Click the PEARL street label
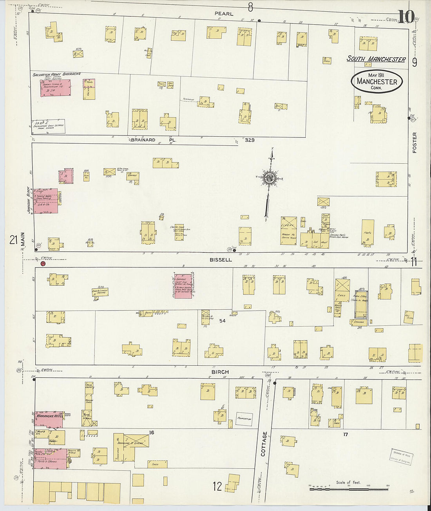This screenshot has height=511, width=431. [x=224, y=14]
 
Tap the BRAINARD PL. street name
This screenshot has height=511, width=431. [x=154, y=140]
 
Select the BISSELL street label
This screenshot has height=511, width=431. [x=221, y=260]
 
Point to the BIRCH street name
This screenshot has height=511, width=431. [x=220, y=372]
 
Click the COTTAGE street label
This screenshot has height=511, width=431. [x=264, y=444]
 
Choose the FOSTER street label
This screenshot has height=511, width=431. [x=415, y=143]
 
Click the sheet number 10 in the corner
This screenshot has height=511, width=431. [x=406, y=17]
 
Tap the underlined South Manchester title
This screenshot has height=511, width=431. [x=376, y=59]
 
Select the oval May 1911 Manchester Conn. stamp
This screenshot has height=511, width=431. [x=377, y=81]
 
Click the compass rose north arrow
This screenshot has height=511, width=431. [x=270, y=178]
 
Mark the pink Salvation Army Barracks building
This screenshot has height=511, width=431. [x=55, y=88]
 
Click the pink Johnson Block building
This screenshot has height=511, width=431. [x=46, y=201]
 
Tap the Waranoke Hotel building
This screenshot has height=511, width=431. [x=49, y=418]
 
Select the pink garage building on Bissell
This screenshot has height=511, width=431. [x=183, y=286]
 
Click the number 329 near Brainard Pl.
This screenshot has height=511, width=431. [x=250, y=140]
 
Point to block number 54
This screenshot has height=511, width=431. [x=222, y=321]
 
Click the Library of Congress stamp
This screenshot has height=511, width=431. [x=401, y=457]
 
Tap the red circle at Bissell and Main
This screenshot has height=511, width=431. [x=43, y=264]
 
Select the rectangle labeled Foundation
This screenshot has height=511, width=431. [x=244, y=419]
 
